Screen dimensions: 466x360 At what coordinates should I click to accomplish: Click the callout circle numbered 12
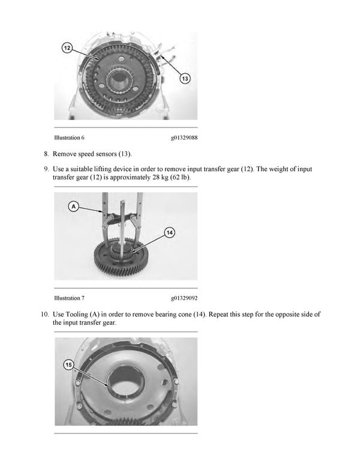(x=68, y=47)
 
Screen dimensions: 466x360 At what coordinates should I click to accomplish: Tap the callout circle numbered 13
(x=184, y=79)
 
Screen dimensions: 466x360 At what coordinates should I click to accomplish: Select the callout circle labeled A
(x=74, y=206)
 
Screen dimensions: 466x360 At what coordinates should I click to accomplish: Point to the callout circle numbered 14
(x=170, y=232)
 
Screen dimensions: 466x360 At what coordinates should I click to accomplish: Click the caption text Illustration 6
(x=69, y=138)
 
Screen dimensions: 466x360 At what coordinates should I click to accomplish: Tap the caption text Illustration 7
(x=69, y=298)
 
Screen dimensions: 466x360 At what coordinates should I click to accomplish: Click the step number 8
(x=46, y=154)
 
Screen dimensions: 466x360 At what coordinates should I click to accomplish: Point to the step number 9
(x=46, y=170)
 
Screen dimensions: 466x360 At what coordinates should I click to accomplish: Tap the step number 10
(x=44, y=314)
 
